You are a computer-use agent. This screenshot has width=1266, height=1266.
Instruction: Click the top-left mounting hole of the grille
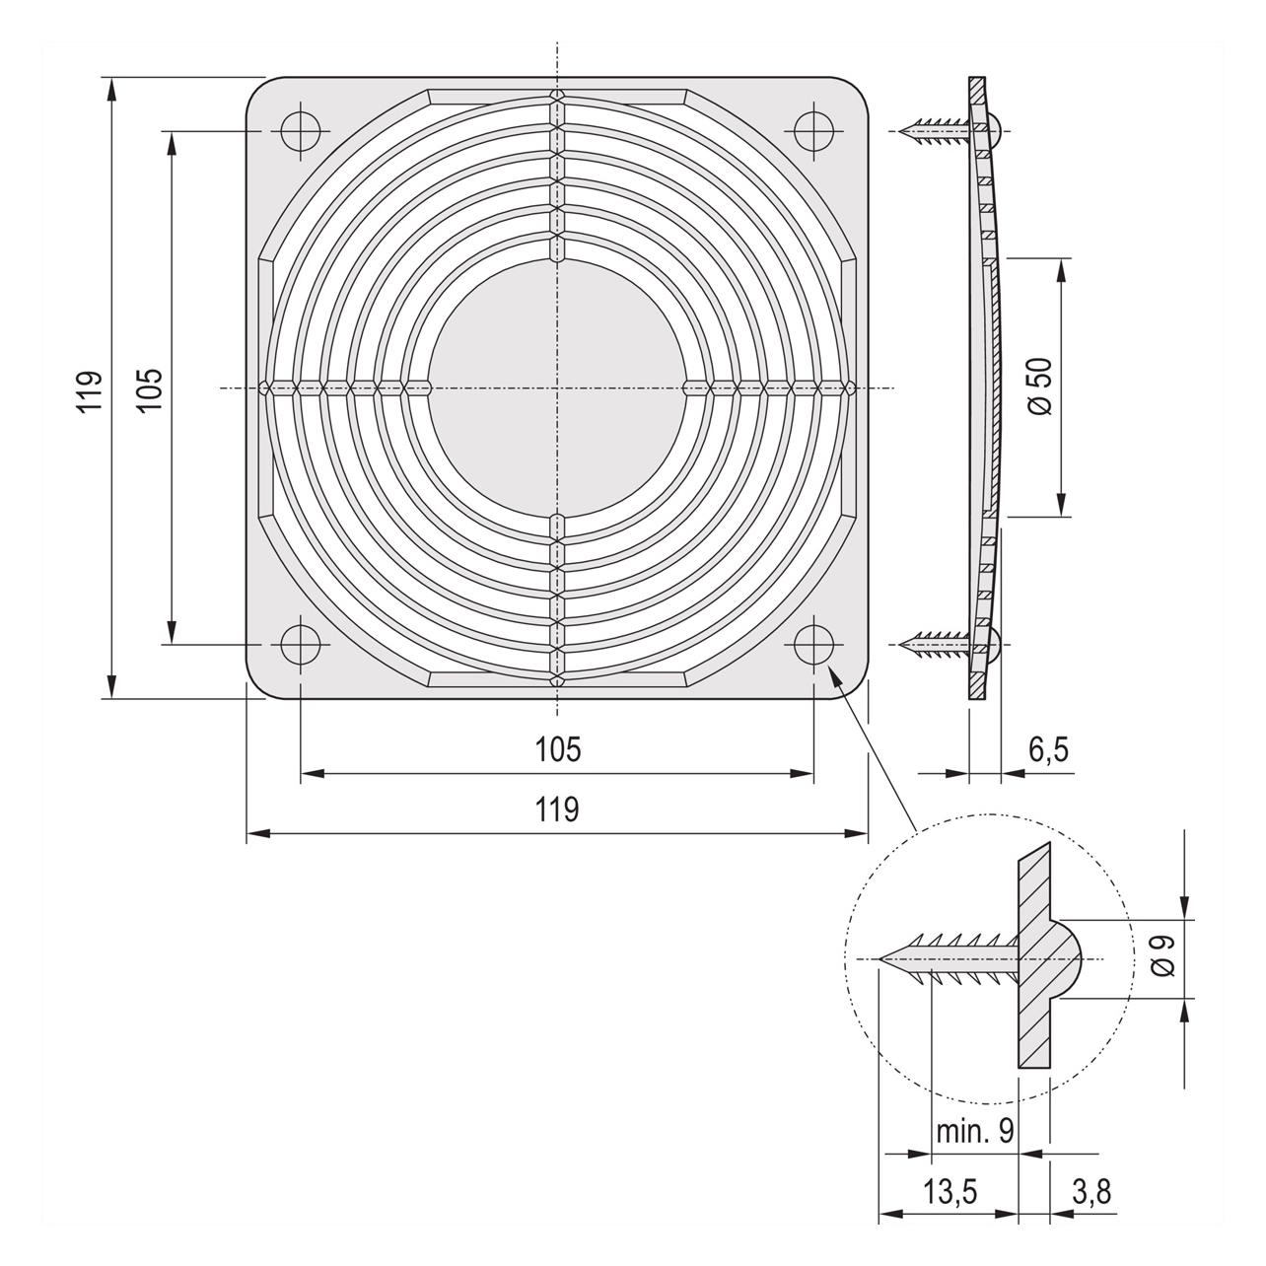pyautogui.click(x=301, y=131)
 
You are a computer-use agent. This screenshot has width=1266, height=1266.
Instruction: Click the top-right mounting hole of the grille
pyautogui.click(x=813, y=131)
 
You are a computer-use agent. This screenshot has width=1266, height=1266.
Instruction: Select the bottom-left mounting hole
pyautogui.click(x=301, y=645)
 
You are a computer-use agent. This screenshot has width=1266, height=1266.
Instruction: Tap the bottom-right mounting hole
pyautogui.click(x=813, y=645)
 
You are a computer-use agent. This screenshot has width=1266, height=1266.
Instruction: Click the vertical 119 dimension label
pyautogui.click(x=90, y=392)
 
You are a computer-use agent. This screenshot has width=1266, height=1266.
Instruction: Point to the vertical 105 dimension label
pyautogui.click(x=151, y=388)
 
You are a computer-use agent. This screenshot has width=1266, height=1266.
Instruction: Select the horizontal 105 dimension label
pyautogui.click(x=558, y=749)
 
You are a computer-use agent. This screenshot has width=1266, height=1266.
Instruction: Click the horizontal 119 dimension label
pyautogui.click(x=558, y=809)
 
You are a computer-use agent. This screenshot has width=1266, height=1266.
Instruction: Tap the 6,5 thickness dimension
pyautogui.click(x=1048, y=749)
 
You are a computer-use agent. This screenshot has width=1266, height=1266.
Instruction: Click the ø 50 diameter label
pyautogui.click(x=1040, y=387)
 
